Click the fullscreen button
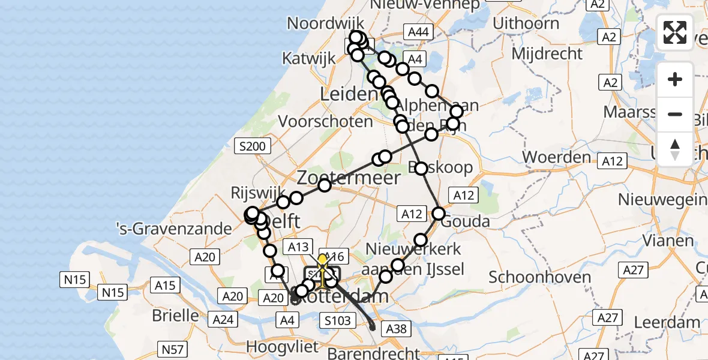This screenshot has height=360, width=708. coord(675,32)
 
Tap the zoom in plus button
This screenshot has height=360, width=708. coord(675,79)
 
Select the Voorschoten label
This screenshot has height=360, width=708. coord(326,122)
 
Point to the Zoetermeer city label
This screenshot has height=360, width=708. coord(349,178)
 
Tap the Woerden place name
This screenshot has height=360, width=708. coord(557,157)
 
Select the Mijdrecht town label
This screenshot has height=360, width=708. coord(547,53)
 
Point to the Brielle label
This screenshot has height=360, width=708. coord(176,315)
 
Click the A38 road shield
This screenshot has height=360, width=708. coord(396,328)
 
